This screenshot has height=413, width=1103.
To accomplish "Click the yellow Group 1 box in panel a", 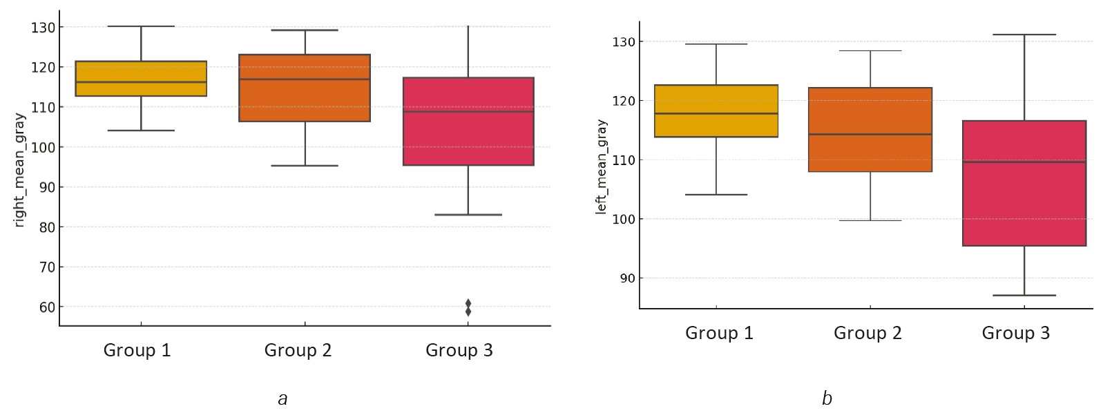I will coord(141,78).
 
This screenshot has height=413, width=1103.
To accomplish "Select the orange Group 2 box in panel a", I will coord(305,88).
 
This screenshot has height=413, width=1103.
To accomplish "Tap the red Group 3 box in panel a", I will coord(468,121).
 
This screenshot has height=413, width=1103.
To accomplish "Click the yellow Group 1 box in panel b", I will coord(716,111).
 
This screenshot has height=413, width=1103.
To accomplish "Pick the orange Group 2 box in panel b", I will coord(870,129).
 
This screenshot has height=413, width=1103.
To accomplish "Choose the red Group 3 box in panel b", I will coord(1024,183).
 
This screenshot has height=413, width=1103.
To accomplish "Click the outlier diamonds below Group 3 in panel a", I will coord(468,307).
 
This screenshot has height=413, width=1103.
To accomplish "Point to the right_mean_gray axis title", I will coord(19,170).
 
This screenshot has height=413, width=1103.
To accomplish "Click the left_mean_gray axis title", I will coord(602,166).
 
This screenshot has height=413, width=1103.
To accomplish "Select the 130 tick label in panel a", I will coord(42,28).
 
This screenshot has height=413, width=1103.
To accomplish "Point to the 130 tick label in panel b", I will coord(623,42).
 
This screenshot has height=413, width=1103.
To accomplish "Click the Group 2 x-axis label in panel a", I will coord(298,350).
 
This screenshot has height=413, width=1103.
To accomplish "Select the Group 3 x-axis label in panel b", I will coord(1015,333).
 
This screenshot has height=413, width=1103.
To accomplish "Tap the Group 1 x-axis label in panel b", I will coord(719,333).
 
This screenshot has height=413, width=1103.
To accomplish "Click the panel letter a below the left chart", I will coord(282,398).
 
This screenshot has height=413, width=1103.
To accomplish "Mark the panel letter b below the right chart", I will coord(827,398).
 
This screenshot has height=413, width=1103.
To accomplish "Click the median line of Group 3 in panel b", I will coord(1024,162).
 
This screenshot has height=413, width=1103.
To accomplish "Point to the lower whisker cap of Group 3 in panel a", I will coord(468,215).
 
